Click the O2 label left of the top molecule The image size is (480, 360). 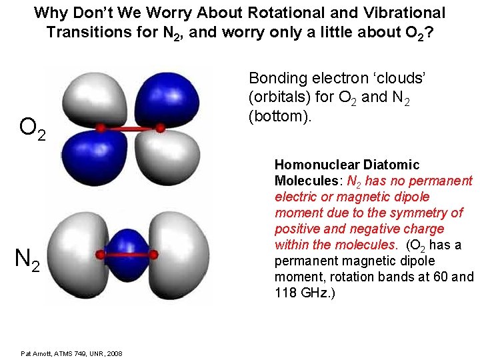pyautogui.click(x=33, y=128)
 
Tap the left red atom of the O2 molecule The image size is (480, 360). pyautogui.click(x=101, y=127)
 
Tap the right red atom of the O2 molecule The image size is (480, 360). pyautogui.click(x=161, y=127)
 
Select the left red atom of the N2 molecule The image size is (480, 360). pyautogui.click(x=100, y=255)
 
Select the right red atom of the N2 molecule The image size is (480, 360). pyautogui.click(x=154, y=255)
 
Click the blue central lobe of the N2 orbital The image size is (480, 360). pyautogui.click(x=127, y=255)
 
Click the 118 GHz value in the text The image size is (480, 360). pyautogui.click(x=297, y=293)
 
